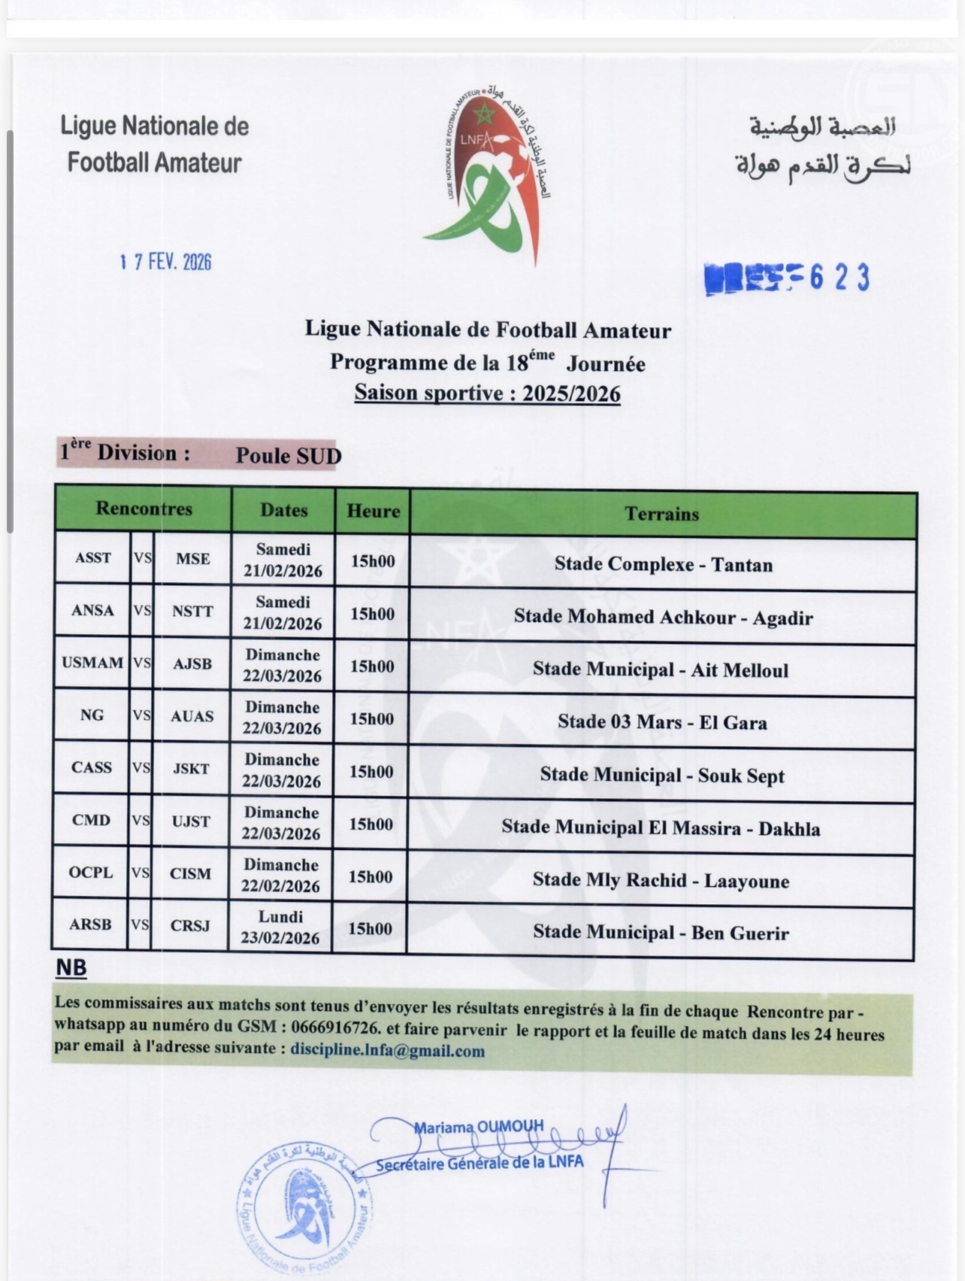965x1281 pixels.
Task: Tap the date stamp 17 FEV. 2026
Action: tap(166, 262)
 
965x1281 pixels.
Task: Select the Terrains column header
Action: tap(661, 514)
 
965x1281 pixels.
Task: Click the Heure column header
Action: tap(373, 511)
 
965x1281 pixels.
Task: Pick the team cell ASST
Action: tap(92, 558)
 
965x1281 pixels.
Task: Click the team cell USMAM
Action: tap(92, 663)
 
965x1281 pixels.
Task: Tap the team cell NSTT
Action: tap(192, 612)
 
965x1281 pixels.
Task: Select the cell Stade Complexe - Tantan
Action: tap(663, 564)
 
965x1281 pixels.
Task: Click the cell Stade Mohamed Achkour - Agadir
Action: tap(663, 618)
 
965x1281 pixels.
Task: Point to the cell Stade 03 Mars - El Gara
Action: tap(661, 722)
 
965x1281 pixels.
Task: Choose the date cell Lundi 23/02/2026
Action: tap(280, 927)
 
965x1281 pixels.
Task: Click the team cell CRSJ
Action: tap(190, 925)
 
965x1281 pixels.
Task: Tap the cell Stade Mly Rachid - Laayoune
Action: tap(661, 880)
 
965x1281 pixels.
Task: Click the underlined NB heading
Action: tap(71, 968)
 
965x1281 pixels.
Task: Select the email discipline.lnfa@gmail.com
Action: tap(387, 1051)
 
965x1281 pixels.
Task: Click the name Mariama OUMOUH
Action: tap(479, 1127)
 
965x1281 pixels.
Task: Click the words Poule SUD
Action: tap(289, 456)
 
